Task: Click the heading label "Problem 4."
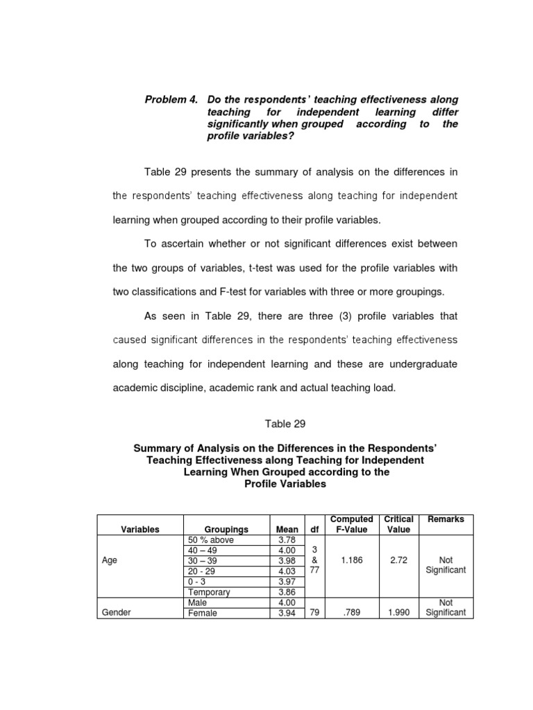pyautogui.click(x=170, y=100)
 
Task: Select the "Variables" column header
pyautogui.click(x=140, y=529)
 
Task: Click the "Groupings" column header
pyautogui.click(x=226, y=529)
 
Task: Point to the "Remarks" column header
pyautogui.click(x=446, y=519)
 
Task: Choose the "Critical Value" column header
pyautogui.click(x=399, y=524)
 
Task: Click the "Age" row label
pyautogui.click(x=110, y=561)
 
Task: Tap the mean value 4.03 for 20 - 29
pyautogui.click(x=287, y=571)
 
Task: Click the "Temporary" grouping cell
pyautogui.click(x=209, y=593)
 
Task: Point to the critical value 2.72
pyautogui.click(x=398, y=561)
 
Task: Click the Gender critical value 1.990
pyautogui.click(x=398, y=613)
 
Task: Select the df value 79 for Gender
pyautogui.click(x=314, y=613)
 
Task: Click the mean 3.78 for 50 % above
pyautogui.click(x=287, y=540)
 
